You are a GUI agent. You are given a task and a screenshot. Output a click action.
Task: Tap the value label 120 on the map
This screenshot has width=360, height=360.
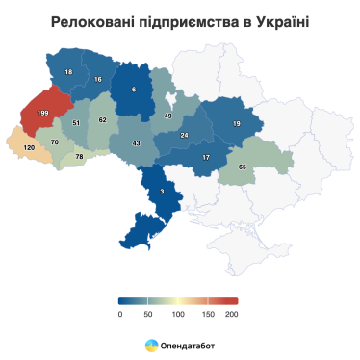point(29,147)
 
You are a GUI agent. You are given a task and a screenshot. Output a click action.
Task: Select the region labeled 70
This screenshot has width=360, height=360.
point(55,142)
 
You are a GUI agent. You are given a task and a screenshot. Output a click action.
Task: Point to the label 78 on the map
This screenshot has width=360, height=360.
point(80,156)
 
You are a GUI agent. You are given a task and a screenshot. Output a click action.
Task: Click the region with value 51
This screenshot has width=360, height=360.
point(76,123)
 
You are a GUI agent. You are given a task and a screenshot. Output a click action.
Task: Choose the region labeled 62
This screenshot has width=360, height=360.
point(103,120)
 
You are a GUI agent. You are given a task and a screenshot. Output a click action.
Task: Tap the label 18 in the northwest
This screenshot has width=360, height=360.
point(68,72)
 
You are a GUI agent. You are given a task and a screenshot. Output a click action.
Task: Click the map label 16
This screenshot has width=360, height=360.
point(98,79)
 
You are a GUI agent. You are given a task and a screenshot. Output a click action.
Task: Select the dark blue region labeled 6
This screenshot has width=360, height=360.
point(134,90)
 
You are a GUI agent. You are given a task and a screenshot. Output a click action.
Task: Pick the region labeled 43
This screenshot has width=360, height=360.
point(136,143)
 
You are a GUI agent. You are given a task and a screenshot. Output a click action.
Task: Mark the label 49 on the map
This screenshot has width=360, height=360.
point(167,116)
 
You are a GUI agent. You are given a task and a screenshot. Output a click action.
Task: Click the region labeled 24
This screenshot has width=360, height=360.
point(184,135)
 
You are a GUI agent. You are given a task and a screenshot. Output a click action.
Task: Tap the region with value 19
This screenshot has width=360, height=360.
point(236,123)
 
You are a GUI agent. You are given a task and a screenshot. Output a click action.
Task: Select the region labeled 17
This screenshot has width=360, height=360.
point(206,157)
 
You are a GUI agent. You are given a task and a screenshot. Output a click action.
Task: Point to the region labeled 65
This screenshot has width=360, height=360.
point(242,167)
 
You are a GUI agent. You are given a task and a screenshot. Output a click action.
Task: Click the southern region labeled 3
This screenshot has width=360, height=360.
point(162,193)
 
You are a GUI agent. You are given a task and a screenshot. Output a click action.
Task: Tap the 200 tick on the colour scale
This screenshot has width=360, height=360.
point(231,314)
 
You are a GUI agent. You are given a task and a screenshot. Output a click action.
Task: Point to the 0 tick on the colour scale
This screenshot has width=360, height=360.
point(120,314)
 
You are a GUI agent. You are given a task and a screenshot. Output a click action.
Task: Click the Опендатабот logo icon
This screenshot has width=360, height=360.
point(151,344)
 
